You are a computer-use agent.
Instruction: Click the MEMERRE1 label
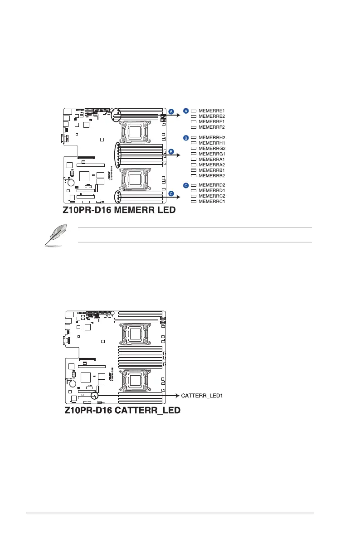[x=212, y=111]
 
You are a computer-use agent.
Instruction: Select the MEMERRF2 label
[x=212, y=127]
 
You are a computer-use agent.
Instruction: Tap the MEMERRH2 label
[x=212, y=137]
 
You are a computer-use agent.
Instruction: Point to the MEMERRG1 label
[x=212, y=154]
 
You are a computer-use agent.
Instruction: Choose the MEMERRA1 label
[x=212, y=160]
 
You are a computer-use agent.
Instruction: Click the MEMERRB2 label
[x=212, y=175]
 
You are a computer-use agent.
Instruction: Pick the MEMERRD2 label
[x=212, y=185]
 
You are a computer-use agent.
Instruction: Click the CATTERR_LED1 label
[x=202, y=396]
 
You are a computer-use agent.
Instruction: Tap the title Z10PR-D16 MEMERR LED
[x=119, y=211]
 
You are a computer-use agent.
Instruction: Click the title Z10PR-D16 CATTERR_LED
[x=122, y=411]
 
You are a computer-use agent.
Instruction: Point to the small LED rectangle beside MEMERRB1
[x=193, y=170]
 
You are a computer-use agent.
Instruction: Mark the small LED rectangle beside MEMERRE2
[x=193, y=116]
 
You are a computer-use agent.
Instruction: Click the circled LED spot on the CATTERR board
[x=95, y=396]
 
